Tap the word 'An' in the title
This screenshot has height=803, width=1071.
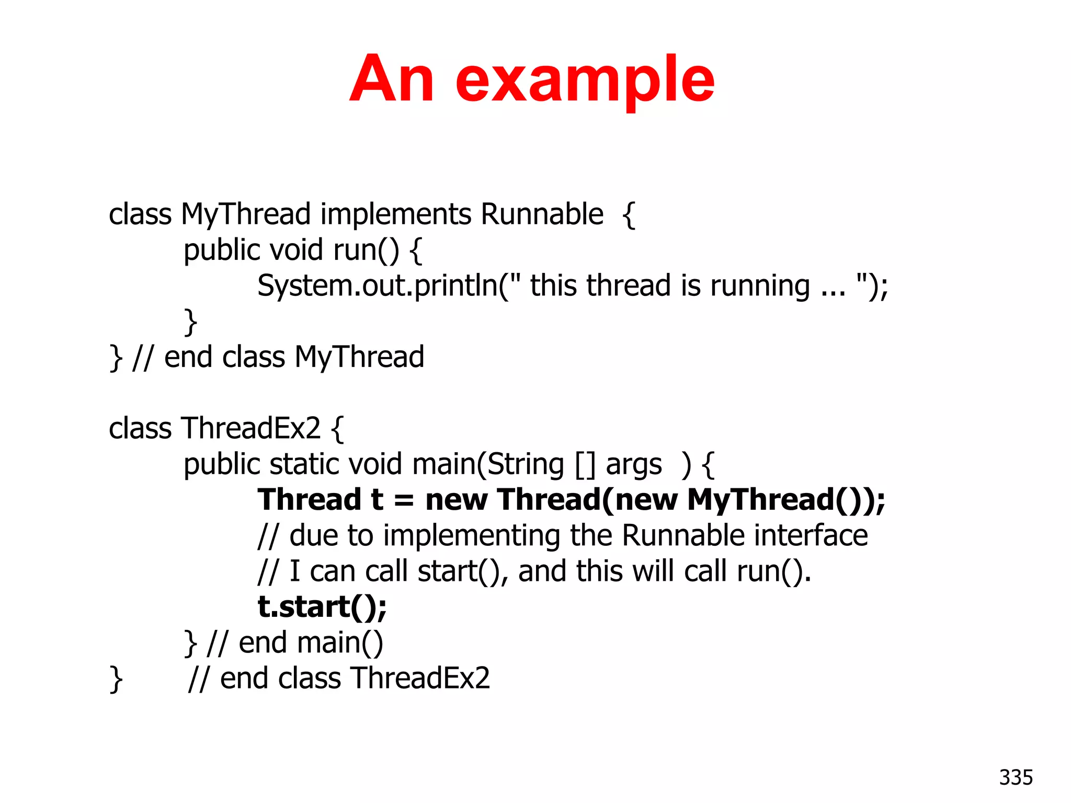click(x=392, y=79)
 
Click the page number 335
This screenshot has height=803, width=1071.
click(x=1016, y=777)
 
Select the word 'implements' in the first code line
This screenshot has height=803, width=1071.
click(x=396, y=214)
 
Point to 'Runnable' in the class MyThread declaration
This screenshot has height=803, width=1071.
click(x=542, y=214)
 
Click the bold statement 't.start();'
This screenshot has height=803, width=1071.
click(x=322, y=607)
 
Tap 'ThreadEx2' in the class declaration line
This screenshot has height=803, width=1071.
click(x=250, y=429)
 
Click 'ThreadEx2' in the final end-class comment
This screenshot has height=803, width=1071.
click(x=420, y=679)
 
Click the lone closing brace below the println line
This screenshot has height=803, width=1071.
click(x=191, y=322)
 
